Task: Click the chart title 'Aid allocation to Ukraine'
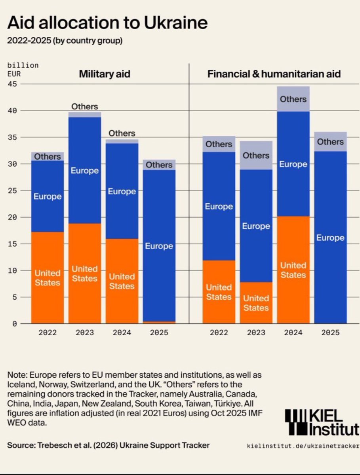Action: [107, 23]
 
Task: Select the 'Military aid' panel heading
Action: [105, 74]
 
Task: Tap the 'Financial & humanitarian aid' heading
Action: [274, 74]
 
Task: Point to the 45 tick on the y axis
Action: [12, 84]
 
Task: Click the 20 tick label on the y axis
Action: [12, 217]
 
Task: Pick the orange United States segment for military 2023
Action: [85, 274]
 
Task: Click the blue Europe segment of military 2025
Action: [159, 246]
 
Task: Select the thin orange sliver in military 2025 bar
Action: [159, 323]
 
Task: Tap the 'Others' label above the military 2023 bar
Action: [85, 106]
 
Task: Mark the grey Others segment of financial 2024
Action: [293, 99]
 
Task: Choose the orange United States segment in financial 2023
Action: [256, 303]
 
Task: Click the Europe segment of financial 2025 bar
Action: [330, 237]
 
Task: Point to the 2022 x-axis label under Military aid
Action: [48, 332]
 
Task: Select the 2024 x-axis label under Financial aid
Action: [293, 332]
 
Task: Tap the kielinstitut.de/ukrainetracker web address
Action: [303, 446]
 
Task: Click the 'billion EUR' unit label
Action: [23, 70]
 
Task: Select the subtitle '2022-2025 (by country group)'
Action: [65, 41]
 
